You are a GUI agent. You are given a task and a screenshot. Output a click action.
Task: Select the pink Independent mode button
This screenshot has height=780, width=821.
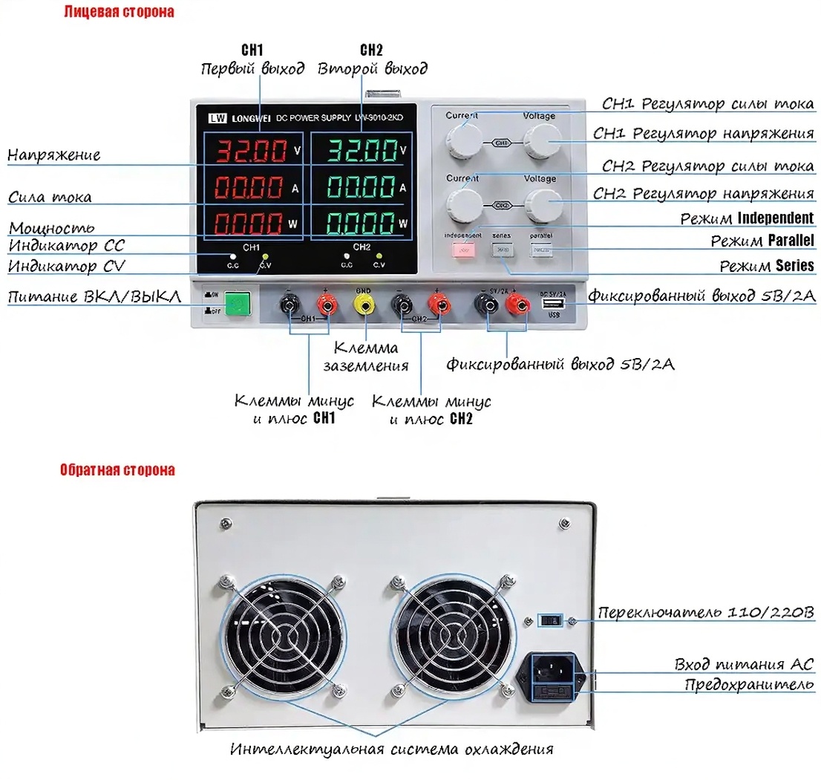463,250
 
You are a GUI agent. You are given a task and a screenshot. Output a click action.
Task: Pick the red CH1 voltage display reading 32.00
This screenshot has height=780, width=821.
250,151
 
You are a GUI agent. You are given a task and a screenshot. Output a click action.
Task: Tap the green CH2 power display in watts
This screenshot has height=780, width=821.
361,222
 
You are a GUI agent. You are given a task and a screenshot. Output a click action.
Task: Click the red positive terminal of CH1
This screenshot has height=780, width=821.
325,303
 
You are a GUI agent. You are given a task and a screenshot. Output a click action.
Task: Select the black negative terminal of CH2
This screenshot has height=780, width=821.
401,303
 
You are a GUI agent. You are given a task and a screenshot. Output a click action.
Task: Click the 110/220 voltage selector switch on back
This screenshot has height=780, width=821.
550,619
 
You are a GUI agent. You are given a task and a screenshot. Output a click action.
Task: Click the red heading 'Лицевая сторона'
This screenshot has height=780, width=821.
119,12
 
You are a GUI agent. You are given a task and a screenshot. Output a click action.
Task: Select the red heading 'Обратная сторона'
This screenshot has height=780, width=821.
118,470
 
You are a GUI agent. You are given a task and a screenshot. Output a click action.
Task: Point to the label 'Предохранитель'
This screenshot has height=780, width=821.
749,684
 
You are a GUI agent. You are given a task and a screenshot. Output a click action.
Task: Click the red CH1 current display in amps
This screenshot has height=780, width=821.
250,187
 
